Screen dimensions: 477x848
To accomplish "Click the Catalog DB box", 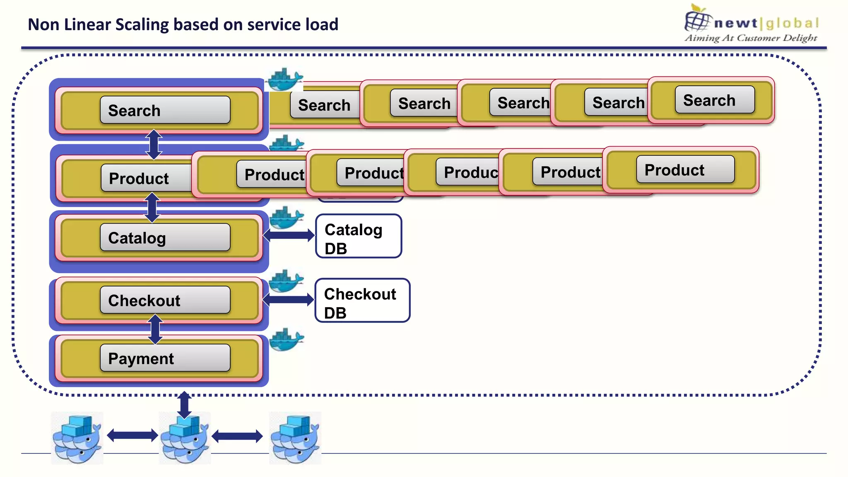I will pos(359,236).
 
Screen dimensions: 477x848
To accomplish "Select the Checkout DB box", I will pos(362,301).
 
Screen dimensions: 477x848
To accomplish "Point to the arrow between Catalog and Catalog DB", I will pos(289,236).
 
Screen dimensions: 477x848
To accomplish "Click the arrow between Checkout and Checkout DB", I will pos(289,300).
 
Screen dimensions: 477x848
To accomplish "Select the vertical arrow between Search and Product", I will pos(154,145).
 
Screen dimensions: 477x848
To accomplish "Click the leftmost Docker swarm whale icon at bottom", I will pos(77,438).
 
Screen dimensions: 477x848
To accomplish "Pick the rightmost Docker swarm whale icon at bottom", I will pos(295,438).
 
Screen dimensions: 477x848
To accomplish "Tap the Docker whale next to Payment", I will pos(286,339).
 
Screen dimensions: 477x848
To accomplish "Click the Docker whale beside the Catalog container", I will pos(286,218).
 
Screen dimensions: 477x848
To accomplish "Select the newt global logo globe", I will pos(697,19).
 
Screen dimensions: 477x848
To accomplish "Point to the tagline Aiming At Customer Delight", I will pos(751,38).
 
